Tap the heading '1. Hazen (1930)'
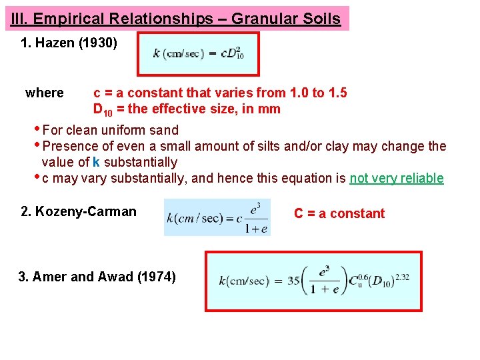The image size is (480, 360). point(69,44)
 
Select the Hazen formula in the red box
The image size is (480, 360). point(199,53)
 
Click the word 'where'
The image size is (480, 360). point(45,93)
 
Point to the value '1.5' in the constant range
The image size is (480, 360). point(338,93)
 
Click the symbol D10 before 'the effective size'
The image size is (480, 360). point(103,109)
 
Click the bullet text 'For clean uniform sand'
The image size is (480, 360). point(110,130)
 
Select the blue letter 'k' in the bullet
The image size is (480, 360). point(97,162)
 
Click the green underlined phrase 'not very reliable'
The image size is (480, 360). point(396,178)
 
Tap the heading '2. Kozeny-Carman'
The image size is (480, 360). point(79,212)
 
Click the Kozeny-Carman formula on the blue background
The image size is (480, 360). point(217,217)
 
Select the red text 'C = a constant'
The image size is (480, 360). point(339,213)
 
